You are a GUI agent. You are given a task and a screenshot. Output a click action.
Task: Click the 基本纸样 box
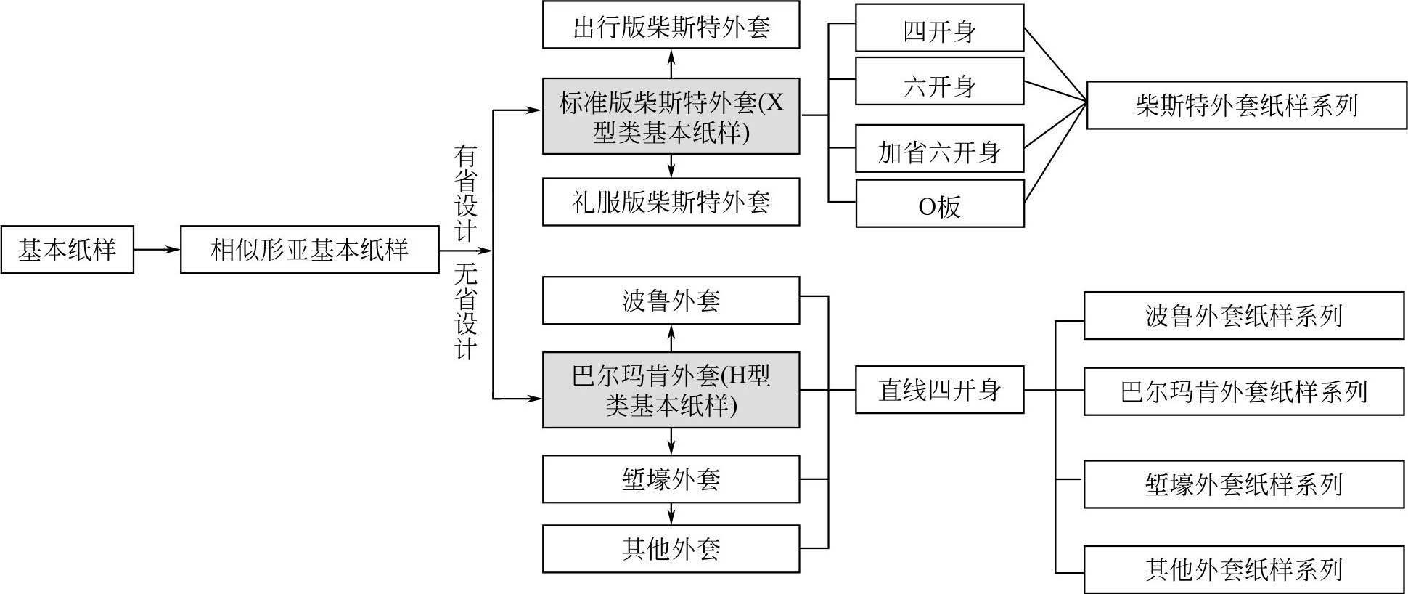click(x=67, y=250)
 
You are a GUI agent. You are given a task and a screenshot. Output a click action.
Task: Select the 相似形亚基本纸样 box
click(x=309, y=250)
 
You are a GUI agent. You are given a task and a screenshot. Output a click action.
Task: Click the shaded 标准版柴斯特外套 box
click(x=671, y=116)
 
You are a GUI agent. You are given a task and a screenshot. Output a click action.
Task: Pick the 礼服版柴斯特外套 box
click(x=671, y=201)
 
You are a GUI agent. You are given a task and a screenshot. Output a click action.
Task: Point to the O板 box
click(x=939, y=204)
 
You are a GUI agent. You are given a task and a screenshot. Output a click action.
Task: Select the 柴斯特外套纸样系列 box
click(x=1246, y=105)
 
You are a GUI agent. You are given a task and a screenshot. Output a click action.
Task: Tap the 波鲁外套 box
click(x=671, y=300)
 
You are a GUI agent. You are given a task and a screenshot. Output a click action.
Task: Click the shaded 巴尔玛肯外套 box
click(x=671, y=390)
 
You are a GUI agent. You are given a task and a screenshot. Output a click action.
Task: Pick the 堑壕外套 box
click(x=671, y=479)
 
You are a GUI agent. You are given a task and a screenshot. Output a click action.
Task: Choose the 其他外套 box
click(x=671, y=548)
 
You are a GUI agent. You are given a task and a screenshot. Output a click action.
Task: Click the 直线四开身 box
click(x=939, y=390)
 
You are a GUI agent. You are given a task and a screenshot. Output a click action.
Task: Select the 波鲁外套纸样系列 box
click(x=1243, y=315)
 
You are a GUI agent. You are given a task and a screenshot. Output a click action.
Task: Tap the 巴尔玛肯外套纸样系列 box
click(x=1243, y=391)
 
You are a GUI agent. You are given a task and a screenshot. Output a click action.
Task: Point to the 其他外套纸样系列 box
click(x=1243, y=569)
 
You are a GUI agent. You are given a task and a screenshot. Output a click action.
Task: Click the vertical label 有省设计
click(x=465, y=193)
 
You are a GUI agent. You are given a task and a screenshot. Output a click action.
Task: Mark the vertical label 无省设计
click(x=465, y=312)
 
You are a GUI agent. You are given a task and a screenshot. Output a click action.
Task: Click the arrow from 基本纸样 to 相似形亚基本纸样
click(x=157, y=250)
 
